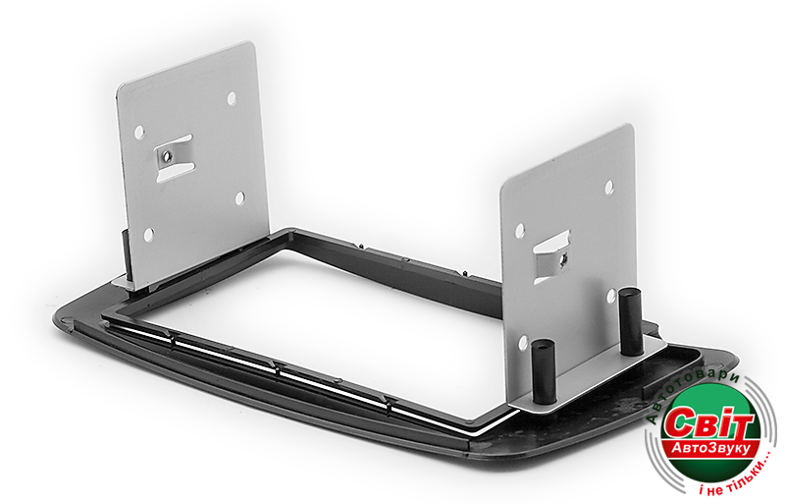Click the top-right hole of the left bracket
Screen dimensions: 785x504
(x=232, y=98)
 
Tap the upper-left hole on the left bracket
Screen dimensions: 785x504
(x=139, y=133)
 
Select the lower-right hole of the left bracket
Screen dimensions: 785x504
(x=240, y=198)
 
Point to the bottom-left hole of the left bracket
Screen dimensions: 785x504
(x=149, y=234)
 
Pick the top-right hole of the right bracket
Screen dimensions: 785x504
(x=609, y=187)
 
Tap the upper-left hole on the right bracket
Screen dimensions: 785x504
(x=520, y=231)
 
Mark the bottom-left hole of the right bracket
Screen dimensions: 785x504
(x=523, y=343)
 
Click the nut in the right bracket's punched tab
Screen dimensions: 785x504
(x=563, y=258)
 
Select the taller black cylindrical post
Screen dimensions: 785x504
(x=630, y=321)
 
